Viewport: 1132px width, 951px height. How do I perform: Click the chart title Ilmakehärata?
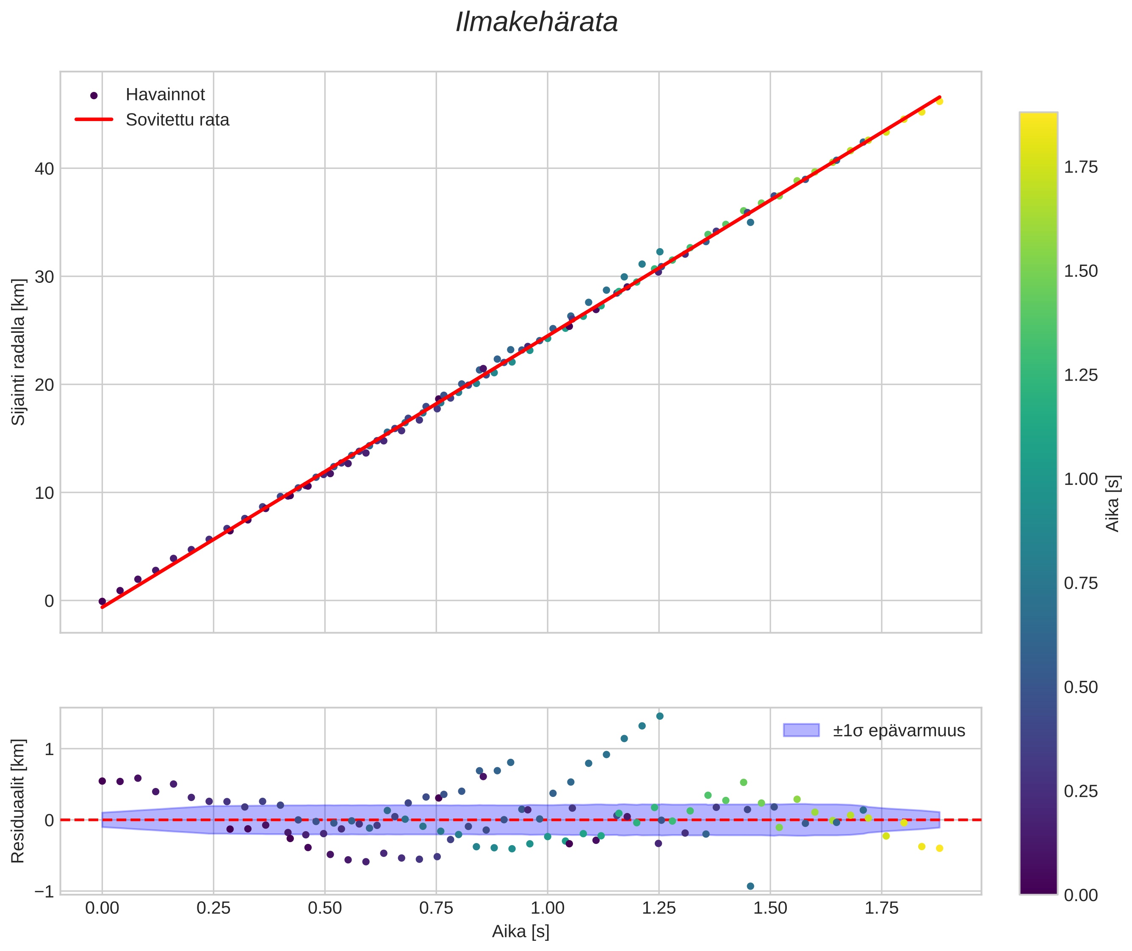tap(536, 22)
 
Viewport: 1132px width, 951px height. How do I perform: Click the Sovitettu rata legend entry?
tap(177, 120)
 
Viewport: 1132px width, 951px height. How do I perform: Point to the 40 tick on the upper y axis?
tap(44, 169)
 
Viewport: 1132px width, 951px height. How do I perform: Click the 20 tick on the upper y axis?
tap(44, 385)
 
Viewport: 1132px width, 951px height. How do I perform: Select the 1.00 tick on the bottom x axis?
tap(548, 908)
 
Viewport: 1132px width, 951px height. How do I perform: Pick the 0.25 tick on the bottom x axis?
tap(213, 908)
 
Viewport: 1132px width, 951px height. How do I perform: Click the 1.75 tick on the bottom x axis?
tap(881, 908)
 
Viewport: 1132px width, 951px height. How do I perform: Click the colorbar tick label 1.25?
tap(1080, 375)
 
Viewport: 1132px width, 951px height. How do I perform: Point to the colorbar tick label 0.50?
tap(1080, 687)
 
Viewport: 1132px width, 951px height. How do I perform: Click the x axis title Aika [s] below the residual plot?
tap(520, 932)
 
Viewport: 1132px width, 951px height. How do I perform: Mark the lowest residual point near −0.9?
tap(750, 886)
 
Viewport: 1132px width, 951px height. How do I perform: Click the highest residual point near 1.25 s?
tap(659, 716)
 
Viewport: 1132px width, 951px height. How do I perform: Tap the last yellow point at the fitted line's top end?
tap(939, 101)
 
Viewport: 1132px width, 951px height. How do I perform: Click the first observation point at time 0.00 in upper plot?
tap(102, 602)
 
